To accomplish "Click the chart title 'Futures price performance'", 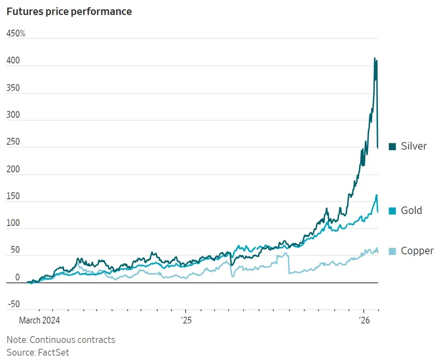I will [69, 11].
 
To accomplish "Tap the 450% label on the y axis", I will [16, 34].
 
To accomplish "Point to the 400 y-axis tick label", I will [13, 61].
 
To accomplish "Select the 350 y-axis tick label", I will [13, 88].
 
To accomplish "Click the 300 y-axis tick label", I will [13, 115].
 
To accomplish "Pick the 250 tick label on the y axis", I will [13, 142].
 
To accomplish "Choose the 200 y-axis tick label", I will [13, 170].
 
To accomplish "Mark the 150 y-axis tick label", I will [13, 196].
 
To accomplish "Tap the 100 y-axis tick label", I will [13, 224].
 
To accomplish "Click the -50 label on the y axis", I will [13, 305].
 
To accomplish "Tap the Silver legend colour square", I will [392, 146].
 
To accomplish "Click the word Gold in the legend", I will [412, 211].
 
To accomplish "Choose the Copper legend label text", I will [417, 251].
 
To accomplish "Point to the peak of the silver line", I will [374, 58].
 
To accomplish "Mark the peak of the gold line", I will [376, 195].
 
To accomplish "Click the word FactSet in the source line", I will [53, 352].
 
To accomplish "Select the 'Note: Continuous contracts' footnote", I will [61, 340].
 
